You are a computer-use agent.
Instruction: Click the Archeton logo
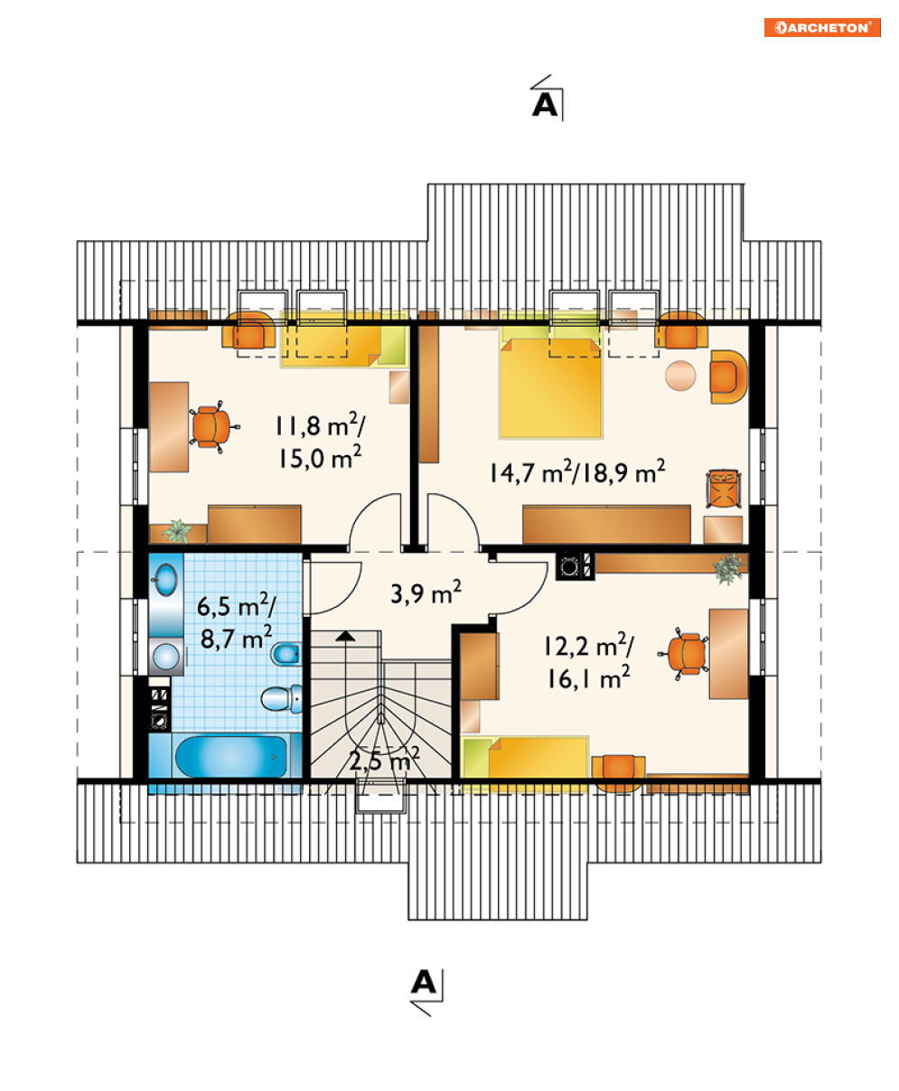click(821, 27)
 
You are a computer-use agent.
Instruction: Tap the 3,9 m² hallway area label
click(426, 592)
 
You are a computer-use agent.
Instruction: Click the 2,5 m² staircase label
click(384, 760)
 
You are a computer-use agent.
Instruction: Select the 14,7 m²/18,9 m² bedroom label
click(577, 471)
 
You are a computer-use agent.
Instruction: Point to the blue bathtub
click(231, 756)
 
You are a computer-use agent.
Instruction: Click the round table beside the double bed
click(680, 376)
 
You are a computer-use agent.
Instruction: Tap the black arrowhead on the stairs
click(345, 636)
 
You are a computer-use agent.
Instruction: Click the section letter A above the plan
click(545, 105)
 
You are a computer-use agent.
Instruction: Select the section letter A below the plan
click(424, 982)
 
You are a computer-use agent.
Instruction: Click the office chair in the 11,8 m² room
click(212, 426)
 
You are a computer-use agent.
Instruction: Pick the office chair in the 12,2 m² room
click(686, 654)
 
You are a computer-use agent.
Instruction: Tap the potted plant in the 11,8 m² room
click(177, 531)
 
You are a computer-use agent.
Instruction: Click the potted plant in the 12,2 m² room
click(728, 568)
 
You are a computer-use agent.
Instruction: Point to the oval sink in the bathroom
click(165, 579)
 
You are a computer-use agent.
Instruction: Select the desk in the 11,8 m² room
click(169, 427)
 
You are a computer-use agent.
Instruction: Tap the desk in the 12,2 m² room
click(728, 654)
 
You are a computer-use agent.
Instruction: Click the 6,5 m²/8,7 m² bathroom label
click(236, 621)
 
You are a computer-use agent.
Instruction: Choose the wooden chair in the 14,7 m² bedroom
click(724, 489)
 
